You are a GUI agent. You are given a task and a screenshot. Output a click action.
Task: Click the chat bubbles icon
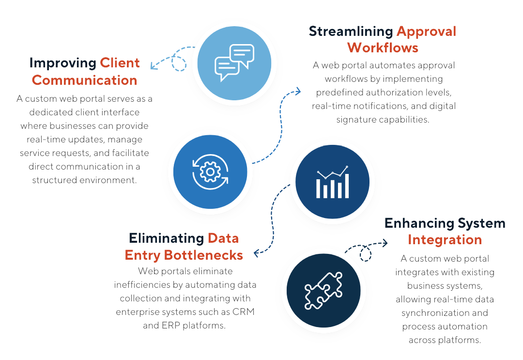point(234,63)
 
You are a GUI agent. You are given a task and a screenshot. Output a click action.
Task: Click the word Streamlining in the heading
point(351,31)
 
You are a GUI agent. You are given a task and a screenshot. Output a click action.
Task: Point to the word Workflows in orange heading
point(383,47)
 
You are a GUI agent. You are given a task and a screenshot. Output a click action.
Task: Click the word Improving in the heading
point(62,63)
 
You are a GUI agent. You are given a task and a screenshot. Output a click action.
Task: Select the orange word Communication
point(84,79)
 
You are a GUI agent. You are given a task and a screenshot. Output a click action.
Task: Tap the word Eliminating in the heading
point(166,238)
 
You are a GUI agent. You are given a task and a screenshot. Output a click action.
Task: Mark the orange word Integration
point(445,239)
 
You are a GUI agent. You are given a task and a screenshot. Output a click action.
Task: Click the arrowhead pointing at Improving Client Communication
point(154,65)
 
